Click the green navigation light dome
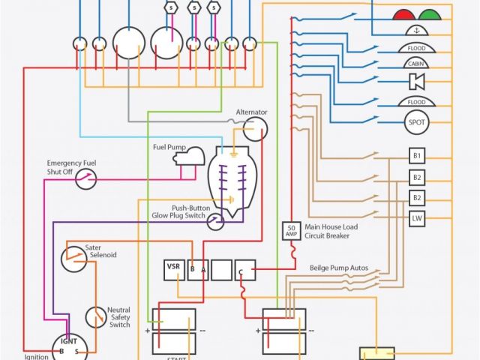tap(430, 13)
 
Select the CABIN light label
tap(416, 65)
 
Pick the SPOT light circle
tap(416, 121)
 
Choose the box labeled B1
tap(417, 156)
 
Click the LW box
tap(417, 219)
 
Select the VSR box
tap(174, 269)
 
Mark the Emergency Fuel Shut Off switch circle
tap(88, 178)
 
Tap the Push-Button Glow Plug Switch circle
tap(215, 220)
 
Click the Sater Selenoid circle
tap(73, 257)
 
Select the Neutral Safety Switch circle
tap(95, 317)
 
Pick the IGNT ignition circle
tap(69, 345)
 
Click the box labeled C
tap(244, 269)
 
